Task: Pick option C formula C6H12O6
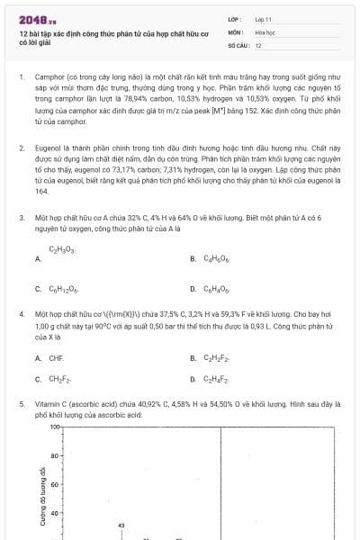[65, 289]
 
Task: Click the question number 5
[21, 405]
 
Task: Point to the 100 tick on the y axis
[54, 427]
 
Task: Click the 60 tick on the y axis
[56, 485]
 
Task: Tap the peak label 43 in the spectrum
[121, 524]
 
